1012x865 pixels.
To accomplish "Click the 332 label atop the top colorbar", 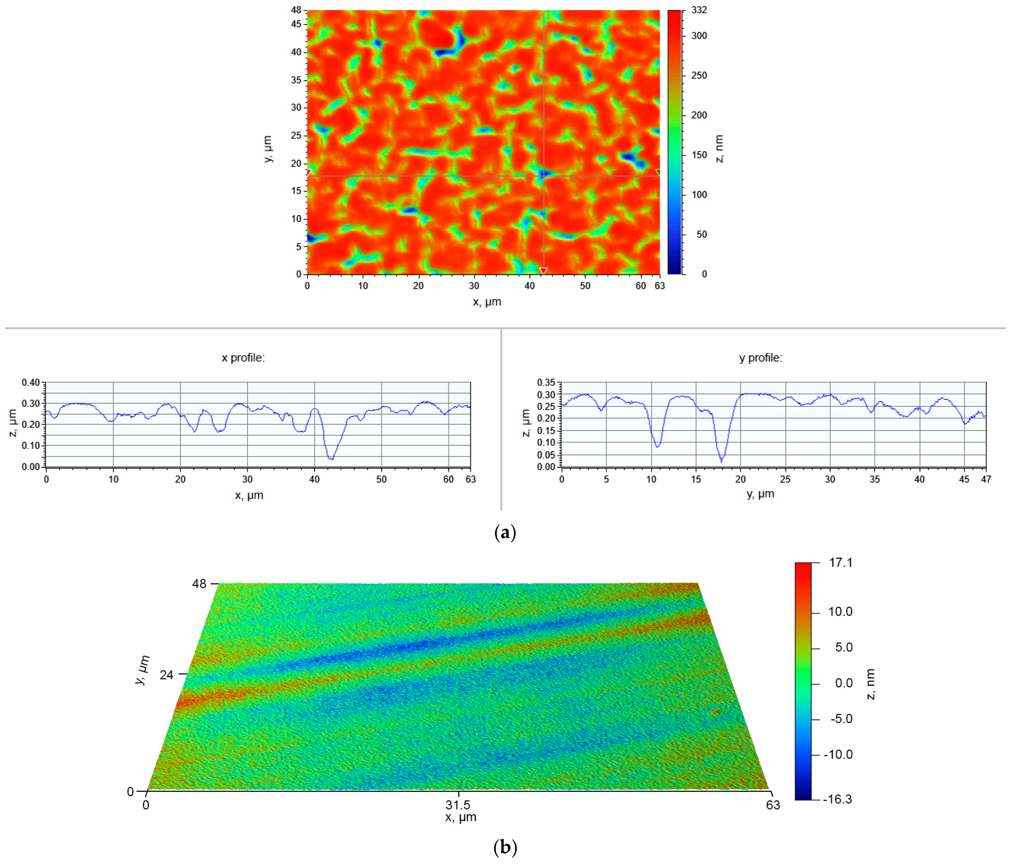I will point(699,10).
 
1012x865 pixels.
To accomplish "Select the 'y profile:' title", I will point(760,358).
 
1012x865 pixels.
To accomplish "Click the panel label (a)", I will point(505,532).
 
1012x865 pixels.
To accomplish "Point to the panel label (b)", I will point(505,847).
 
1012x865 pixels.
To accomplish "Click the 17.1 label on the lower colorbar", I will point(840,563).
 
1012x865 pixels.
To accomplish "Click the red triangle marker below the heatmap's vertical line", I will point(543,270).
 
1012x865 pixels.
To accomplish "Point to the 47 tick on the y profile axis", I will point(986,479).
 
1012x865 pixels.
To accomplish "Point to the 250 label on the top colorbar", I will point(699,75).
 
